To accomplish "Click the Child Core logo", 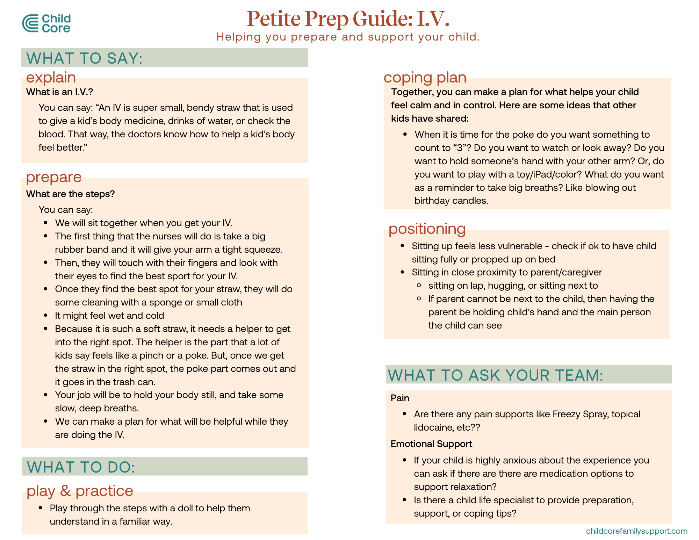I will pos(46,23).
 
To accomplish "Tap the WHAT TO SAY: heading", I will pos(85,58).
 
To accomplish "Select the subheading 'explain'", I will pos(51,77).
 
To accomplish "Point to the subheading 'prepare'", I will pos(54,177).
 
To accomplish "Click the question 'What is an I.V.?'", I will pos(59,92).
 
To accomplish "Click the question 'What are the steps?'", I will pos(70,194).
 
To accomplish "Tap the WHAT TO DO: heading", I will pos(81,467).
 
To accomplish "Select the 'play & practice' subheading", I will pos(80,491).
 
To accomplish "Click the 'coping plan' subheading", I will pos(425,77).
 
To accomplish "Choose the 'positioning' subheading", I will pos(427,229).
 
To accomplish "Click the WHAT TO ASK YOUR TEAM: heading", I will pos(496,375).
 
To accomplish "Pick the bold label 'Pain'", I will pos(400,398).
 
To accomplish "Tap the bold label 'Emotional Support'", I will pos(431,444).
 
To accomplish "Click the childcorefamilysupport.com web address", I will pos(636,531).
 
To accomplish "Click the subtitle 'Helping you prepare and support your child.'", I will pos(348,37).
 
